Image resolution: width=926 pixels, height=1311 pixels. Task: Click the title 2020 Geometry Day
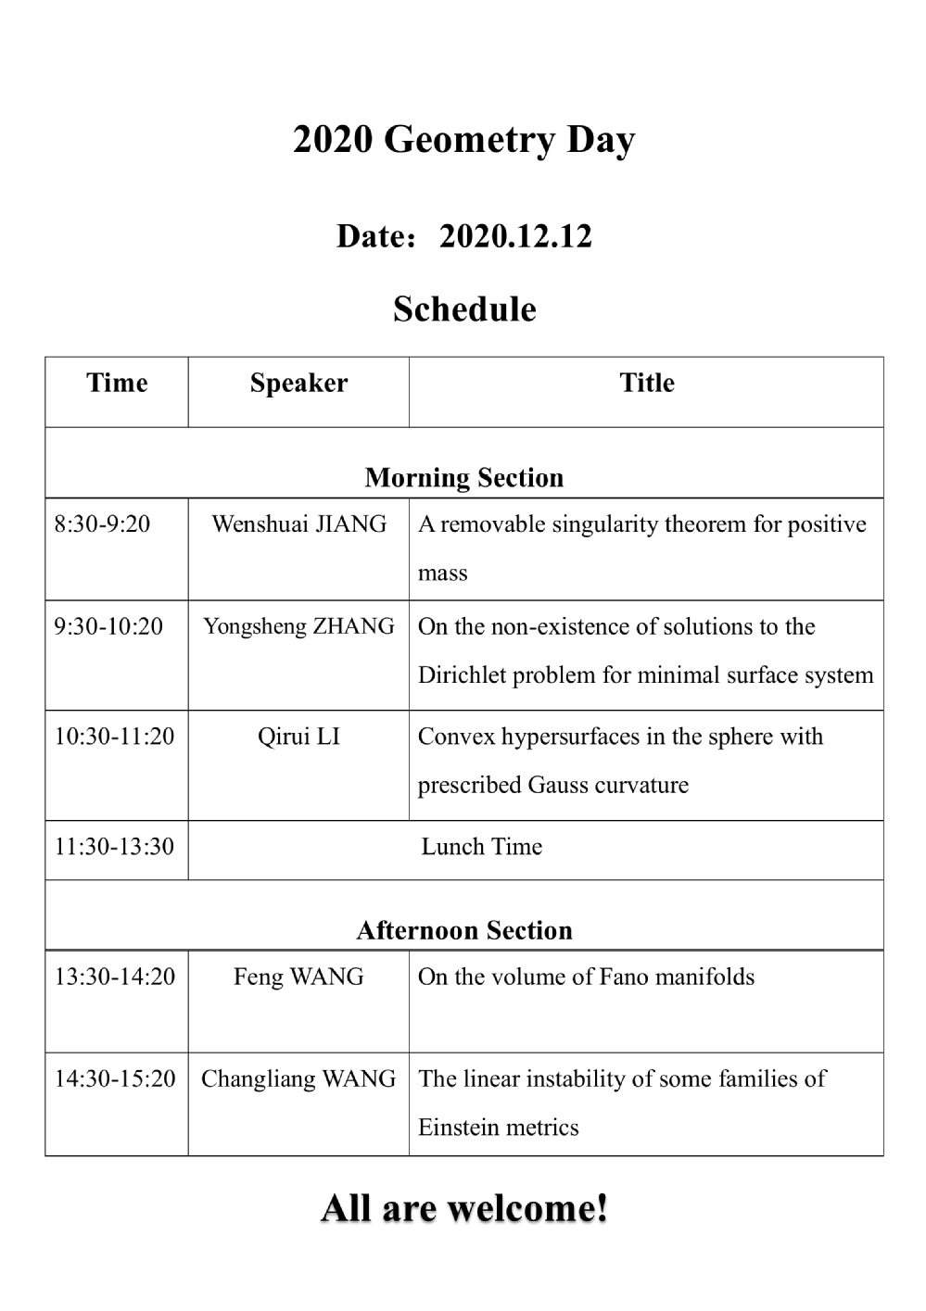pos(463,140)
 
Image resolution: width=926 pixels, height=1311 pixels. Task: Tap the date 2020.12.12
pos(514,236)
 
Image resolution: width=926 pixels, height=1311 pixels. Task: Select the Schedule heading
pos(463,309)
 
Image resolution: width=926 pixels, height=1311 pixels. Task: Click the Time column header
pos(117,383)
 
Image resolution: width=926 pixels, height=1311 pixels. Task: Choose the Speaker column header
pos(298,383)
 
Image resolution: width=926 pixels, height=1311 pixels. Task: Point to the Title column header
pos(646,383)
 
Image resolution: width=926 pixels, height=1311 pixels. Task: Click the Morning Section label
pos(463,477)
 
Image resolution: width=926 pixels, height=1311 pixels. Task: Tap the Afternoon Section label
pos(463,930)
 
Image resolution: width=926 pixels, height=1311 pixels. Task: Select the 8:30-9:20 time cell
pos(102,524)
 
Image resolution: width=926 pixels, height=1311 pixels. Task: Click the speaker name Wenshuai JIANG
pos(298,524)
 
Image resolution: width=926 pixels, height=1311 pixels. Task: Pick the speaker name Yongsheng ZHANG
pos(298,626)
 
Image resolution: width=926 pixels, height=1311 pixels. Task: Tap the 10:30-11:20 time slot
pos(114,737)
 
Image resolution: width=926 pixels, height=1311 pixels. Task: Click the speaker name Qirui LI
pos(298,737)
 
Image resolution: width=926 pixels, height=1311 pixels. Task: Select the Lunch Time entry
pos(481,846)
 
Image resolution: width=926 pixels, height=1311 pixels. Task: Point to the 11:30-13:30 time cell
pos(114,846)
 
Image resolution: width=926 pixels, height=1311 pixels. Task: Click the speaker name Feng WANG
pos(298,977)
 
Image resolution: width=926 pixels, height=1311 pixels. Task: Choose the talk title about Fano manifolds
pos(586,977)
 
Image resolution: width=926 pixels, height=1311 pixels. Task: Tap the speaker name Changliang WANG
pos(298,1078)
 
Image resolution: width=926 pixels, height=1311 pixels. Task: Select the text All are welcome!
pos(463,1208)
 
